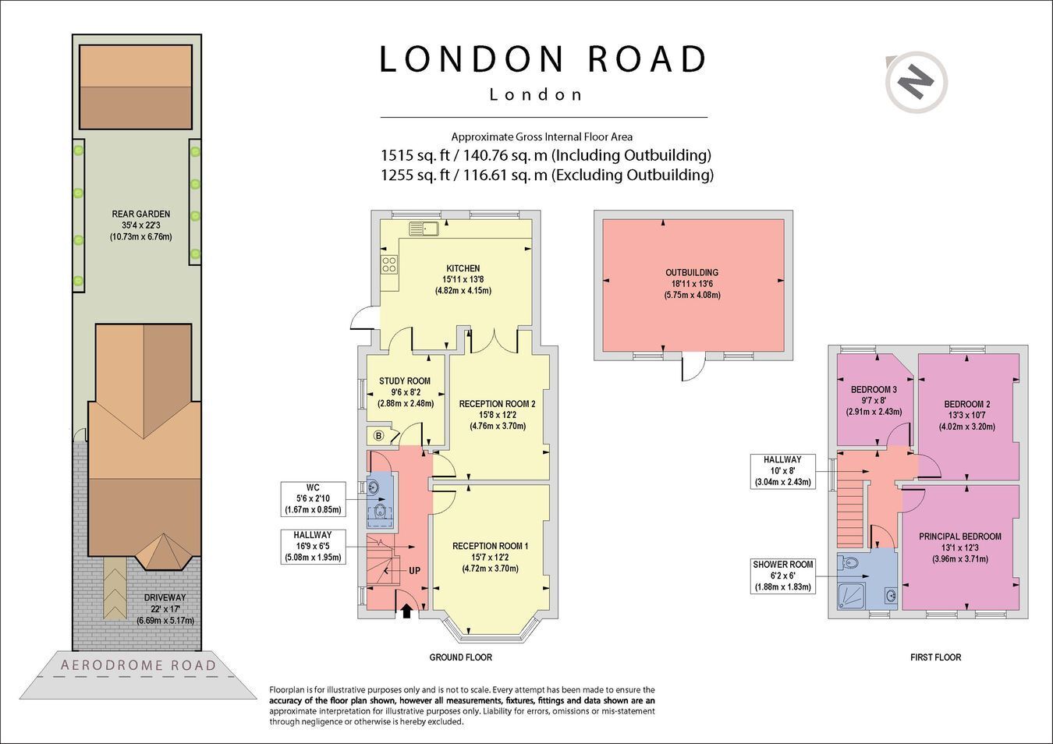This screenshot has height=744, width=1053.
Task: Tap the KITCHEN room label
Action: click(463, 268)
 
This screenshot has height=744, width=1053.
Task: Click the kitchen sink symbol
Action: click(424, 229)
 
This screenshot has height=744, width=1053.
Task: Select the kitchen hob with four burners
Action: click(388, 264)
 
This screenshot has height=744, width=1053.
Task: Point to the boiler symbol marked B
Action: click(378, 436)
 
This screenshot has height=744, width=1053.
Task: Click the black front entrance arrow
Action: click(406, 611)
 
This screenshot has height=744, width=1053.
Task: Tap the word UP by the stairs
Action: click(414, 571)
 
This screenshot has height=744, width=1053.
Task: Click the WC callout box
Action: click(313, 498)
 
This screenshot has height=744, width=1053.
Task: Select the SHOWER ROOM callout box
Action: click(782, 576)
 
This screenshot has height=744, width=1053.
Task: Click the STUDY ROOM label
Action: click(405, 381)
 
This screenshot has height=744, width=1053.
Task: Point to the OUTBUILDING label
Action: click(692, 272)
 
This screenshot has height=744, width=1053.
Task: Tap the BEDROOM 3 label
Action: click(874, 389)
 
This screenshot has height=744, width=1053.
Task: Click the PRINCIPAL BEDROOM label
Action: click(960, 537)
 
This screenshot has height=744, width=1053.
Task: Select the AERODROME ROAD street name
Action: click(138, 665)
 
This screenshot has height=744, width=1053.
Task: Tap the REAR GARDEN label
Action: click(141, 214)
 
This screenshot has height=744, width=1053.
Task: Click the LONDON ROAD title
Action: click(543, 59)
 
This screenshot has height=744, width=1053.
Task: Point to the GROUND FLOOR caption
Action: click(461, 657)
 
